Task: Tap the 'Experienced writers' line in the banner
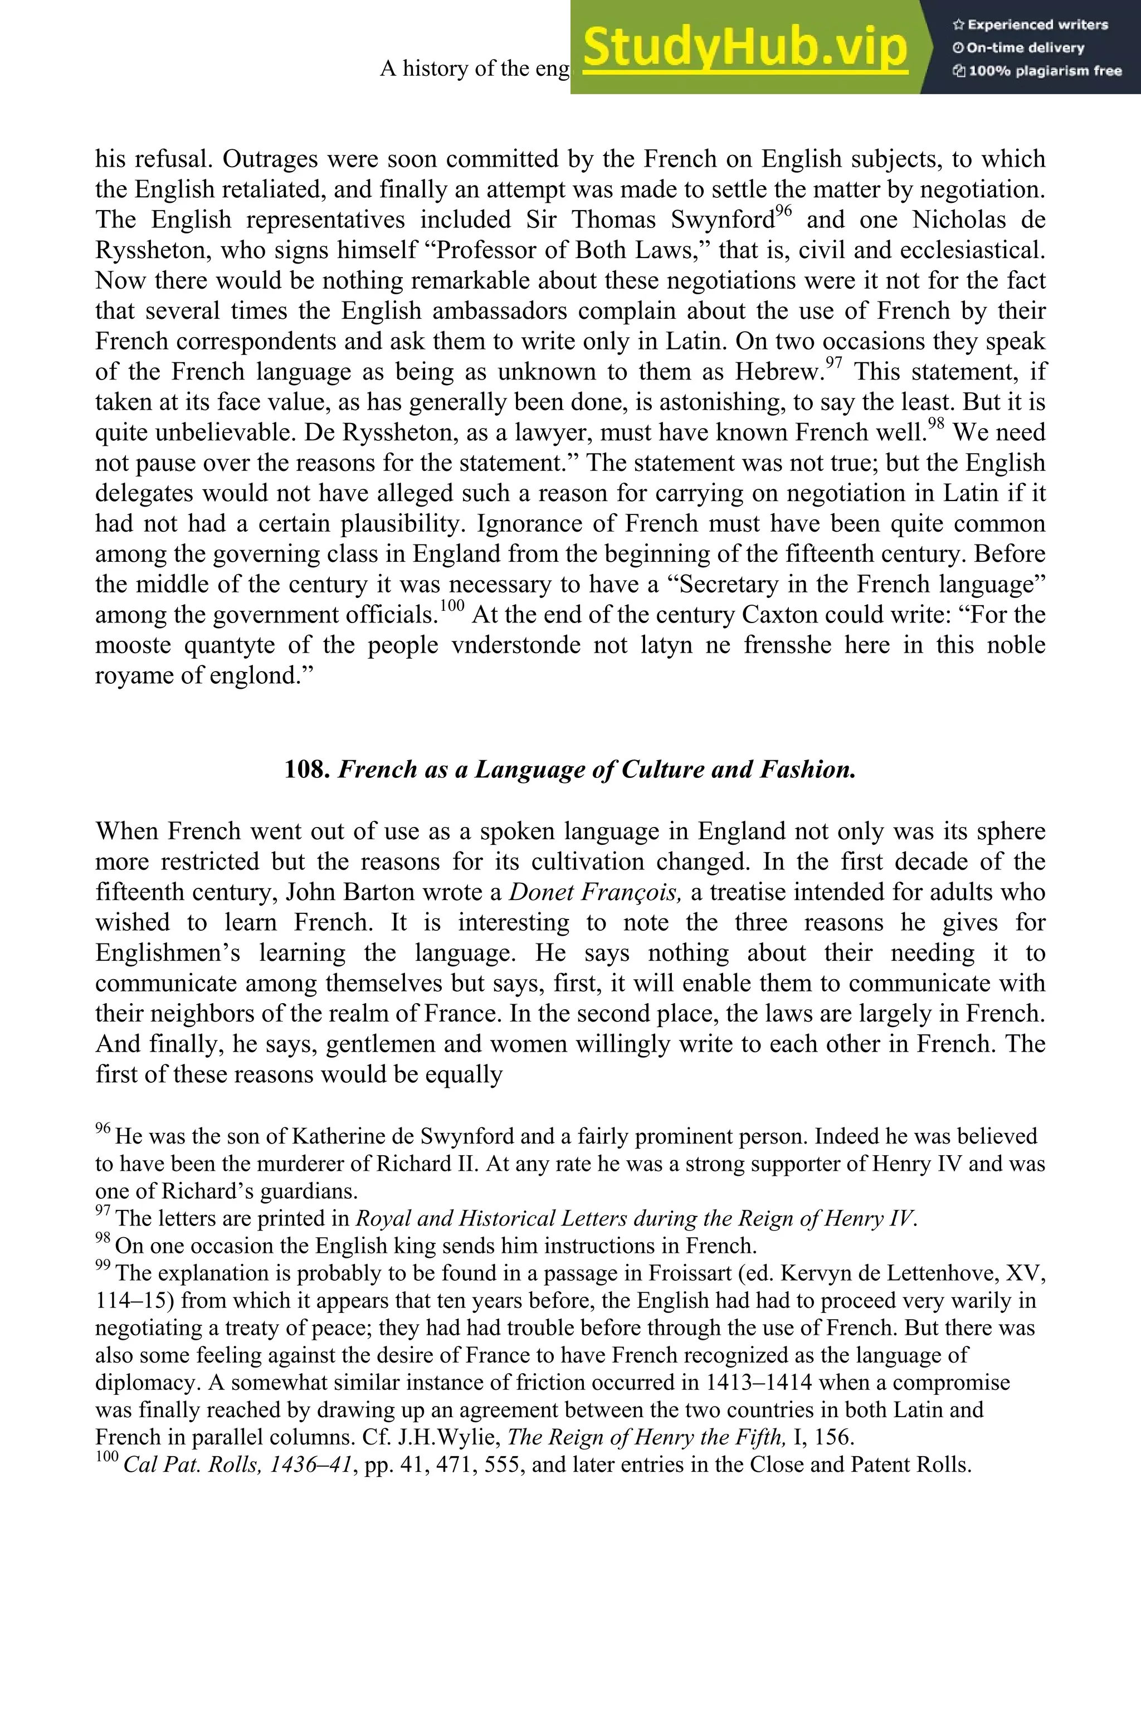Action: click(x=1030, y=25)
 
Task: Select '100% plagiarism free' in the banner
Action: click(x=1037, y=71)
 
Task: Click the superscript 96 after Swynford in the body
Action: click(x=783, y=212)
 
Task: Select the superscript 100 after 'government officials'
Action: click(x=452, y=606)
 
